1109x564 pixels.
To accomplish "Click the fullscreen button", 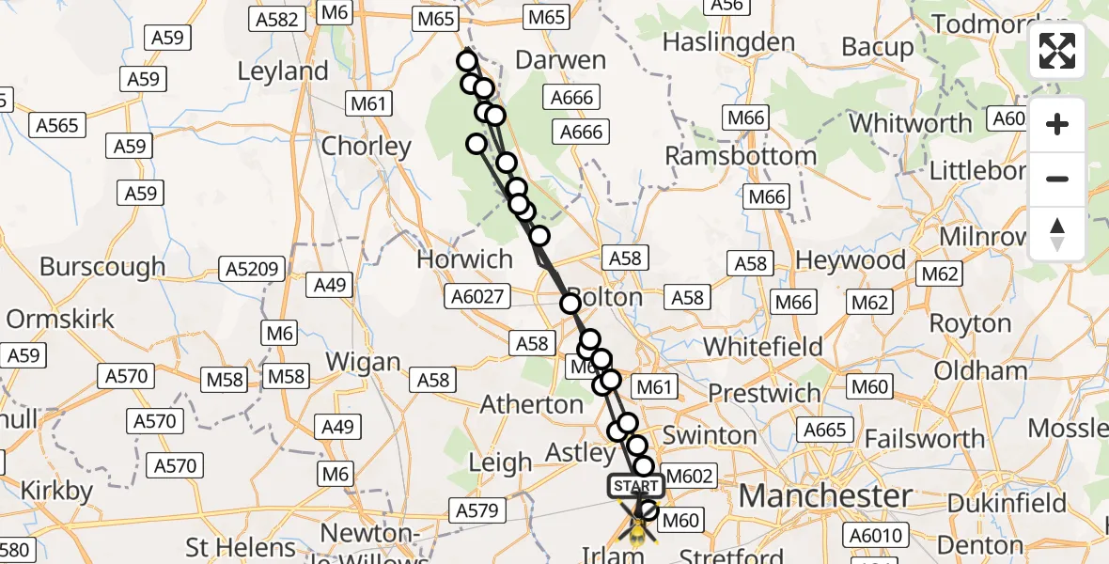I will pyautogui.click(x=1057, y=51).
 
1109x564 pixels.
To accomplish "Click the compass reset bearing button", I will pyautogui.click(x=1057, y=234).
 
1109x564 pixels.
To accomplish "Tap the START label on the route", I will pyautogui.click(x=636, y=486).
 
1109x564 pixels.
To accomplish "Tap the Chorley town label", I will pyautogui.click(x=367, y=147).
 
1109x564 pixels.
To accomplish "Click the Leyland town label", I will pyautogui.click(x=283, y=71).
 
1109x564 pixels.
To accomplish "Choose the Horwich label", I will pyautogui.click(x=465, y=259).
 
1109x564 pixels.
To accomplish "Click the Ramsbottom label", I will pyautogui.click(x=742, y=155).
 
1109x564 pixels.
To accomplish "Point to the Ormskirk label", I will pyautogui.click(x=60, y=319).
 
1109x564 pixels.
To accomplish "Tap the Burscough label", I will pyautogui.click(x=102, y=267).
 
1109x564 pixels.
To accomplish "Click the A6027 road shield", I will pyautogui.click(x=478, y=298).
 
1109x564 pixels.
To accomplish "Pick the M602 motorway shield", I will pyautogui.click(x=690, y=476).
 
